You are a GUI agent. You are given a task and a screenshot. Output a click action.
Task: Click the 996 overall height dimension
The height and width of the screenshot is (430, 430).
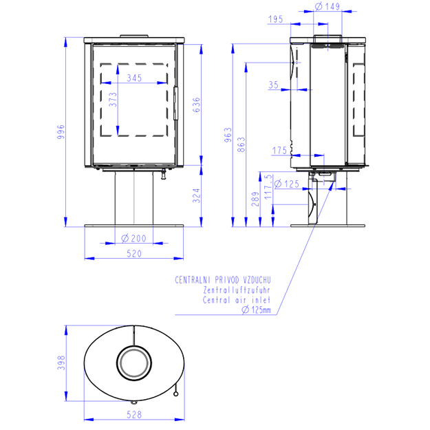(61, 131)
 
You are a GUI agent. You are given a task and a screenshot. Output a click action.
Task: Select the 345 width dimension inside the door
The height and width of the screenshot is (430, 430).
(134, 78)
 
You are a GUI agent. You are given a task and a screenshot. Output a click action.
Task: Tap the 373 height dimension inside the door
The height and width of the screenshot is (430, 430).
(113, 100)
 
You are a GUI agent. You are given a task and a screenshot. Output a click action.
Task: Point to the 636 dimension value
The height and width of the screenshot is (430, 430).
(196, 105)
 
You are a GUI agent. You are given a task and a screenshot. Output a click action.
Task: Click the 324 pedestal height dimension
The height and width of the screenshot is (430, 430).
(196, 195)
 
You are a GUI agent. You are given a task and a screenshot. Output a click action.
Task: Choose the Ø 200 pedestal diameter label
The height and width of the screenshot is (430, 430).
(134, 238)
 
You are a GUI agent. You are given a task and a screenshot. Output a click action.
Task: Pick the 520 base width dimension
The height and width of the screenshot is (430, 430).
(134, 253)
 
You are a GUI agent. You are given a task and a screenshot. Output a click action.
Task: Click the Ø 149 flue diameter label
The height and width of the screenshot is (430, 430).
(327, 6)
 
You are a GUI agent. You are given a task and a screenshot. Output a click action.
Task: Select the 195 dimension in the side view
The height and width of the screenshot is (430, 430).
(276, 19)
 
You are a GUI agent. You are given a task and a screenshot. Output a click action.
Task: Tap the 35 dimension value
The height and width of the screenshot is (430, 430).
(273, 85)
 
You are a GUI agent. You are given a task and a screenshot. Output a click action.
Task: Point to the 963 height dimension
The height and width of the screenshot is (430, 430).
(228, 135)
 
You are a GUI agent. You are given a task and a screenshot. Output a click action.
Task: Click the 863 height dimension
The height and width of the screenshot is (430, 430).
(241, 144)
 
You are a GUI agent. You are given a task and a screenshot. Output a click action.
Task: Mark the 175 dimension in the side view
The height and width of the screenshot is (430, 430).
(279, 150)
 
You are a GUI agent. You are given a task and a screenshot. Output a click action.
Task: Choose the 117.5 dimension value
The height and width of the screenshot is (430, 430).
(268, 186)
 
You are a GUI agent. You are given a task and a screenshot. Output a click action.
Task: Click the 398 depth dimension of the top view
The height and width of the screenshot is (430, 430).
(61, 363)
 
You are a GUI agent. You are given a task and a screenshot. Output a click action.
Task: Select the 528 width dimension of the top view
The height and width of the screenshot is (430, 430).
(134, 415)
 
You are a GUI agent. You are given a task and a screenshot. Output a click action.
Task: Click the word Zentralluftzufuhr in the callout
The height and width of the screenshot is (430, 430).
(237, 290)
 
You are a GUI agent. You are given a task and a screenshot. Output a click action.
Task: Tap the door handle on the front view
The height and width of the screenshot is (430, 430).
(176, 103)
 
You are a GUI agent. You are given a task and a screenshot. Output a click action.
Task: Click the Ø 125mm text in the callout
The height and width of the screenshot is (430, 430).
(256, 310)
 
